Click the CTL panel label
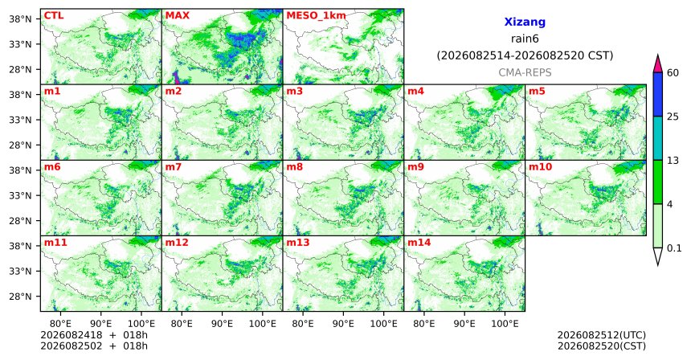[53, 15]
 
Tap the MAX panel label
[177, 15]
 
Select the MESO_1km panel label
[316, 16]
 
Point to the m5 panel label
[537, 92]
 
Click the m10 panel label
[540, 167]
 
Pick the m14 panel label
[419, 243]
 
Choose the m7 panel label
[174, 167]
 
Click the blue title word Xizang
[525, 22]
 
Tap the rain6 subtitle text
[525, 39]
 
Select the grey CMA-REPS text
[525, 72]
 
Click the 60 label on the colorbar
[673, 72]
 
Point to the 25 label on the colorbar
[673, 117]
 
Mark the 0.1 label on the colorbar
[674, 248]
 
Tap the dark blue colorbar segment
[658, 94]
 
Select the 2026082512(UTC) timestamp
[602, 336]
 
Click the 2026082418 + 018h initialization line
[94, 336]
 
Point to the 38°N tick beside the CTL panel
[20, 19]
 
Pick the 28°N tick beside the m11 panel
[20, 296]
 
